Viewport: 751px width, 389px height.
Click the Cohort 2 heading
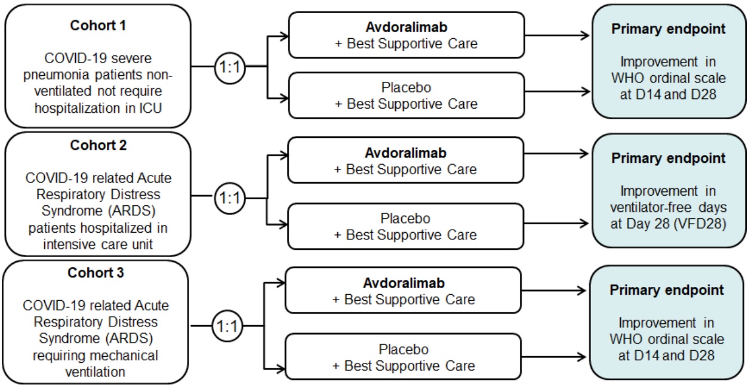(x=99, y=145)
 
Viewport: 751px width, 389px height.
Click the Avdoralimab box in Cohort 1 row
(x=406, y=35)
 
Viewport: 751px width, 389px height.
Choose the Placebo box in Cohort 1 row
(x=406, y=95)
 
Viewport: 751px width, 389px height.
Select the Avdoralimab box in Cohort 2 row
(x=406, y=162)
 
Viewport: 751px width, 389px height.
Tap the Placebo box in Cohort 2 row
(x=406, y=227)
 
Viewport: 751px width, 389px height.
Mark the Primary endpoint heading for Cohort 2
(x=667, y=159)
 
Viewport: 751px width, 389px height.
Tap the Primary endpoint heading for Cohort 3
(x=667, y=291)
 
